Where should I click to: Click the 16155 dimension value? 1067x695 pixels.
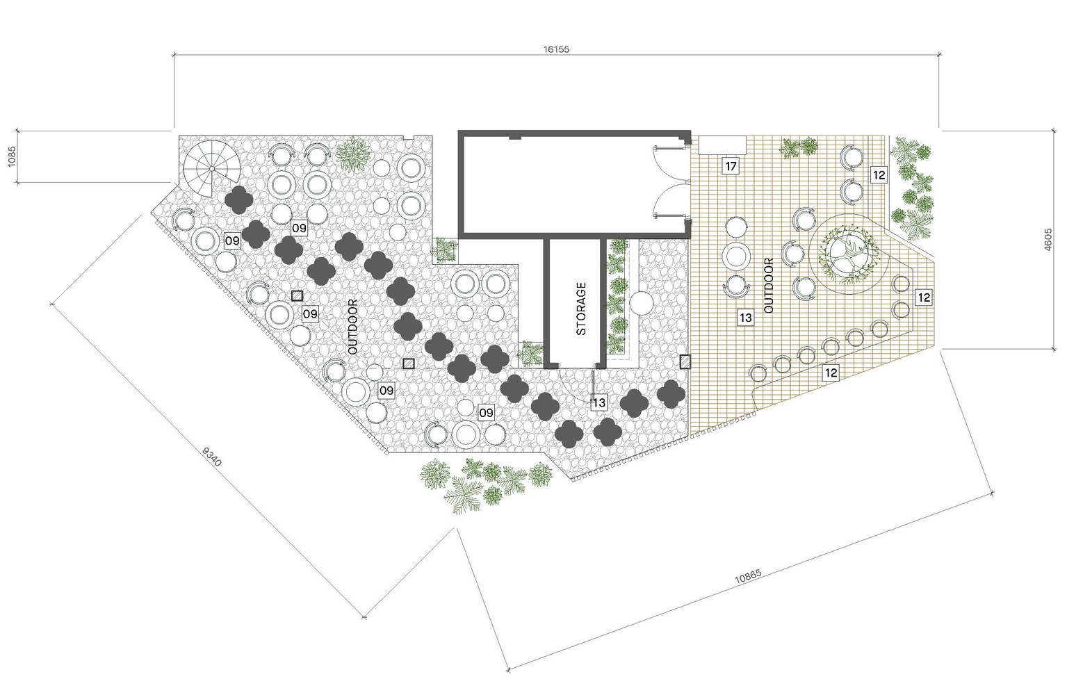point(556,49)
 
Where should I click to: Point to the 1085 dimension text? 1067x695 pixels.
point(12,156)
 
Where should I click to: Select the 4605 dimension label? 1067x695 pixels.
point(1048,239)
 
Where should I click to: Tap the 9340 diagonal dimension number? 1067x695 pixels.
point(212,457)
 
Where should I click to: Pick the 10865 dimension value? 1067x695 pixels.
point(748,576)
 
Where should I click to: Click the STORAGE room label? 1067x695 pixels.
point(581,309)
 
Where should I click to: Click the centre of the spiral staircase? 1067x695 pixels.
point(212,169)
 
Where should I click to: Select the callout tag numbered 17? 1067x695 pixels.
point(731,166)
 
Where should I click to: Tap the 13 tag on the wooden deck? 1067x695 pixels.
point(745,317)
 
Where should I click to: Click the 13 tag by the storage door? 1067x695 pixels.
point(598,402)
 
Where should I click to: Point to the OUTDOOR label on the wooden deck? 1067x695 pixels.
point(768,286)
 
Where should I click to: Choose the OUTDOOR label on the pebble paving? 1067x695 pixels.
point(352,327)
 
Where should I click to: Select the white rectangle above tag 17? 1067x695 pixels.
point(722,145)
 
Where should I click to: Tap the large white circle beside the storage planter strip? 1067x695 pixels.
point(642,302)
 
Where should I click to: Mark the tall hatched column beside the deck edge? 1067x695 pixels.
point(685,362)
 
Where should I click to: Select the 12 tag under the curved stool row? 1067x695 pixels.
point(831,373)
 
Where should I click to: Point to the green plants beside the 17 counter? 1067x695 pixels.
point(799,147)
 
